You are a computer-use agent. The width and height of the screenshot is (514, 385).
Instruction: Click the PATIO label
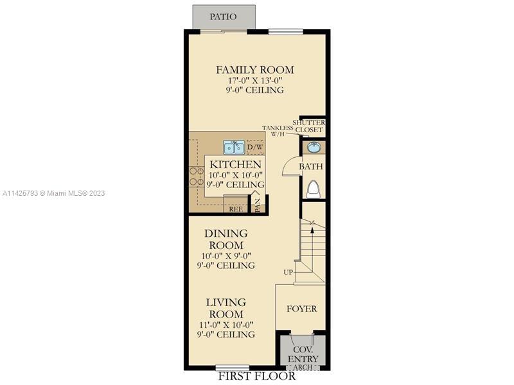tap(223, 17)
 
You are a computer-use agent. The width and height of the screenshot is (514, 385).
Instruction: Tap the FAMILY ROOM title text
tap(254, 70)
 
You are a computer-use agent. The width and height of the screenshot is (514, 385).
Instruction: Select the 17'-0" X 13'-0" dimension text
tap(255, 80)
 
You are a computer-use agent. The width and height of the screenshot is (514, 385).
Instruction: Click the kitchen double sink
tap(234, 148)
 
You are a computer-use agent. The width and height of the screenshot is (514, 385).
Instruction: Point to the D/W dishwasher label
tap(255, 148)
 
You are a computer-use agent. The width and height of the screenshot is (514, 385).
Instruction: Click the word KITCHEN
tap(235, 164)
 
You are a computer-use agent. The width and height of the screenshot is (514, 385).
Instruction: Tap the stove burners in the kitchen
tap(196, 176)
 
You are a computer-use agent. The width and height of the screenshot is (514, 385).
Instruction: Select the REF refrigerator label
tap(236, 209)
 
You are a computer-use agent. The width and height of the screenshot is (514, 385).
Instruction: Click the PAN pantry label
tap(259, 205)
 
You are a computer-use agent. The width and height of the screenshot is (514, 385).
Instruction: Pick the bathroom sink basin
tap(314, 148)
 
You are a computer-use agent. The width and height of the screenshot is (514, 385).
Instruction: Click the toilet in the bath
tap(314, 189)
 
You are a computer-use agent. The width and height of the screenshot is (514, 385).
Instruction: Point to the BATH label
tap(311, 166)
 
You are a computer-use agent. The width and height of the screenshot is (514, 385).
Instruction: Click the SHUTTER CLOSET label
tap(309, 126)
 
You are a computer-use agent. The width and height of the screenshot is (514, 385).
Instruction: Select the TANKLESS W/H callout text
tap(278, 131)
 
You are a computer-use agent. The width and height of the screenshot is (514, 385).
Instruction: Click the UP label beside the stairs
tap(288, 272)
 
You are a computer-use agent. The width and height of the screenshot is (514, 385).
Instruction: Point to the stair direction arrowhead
tap(312, 230)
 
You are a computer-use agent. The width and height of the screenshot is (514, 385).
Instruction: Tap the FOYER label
tap(301, 309)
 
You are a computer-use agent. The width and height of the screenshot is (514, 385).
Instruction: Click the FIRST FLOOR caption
tap(257, 376)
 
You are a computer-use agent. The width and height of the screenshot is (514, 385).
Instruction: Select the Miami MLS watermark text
tap(53, 193)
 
